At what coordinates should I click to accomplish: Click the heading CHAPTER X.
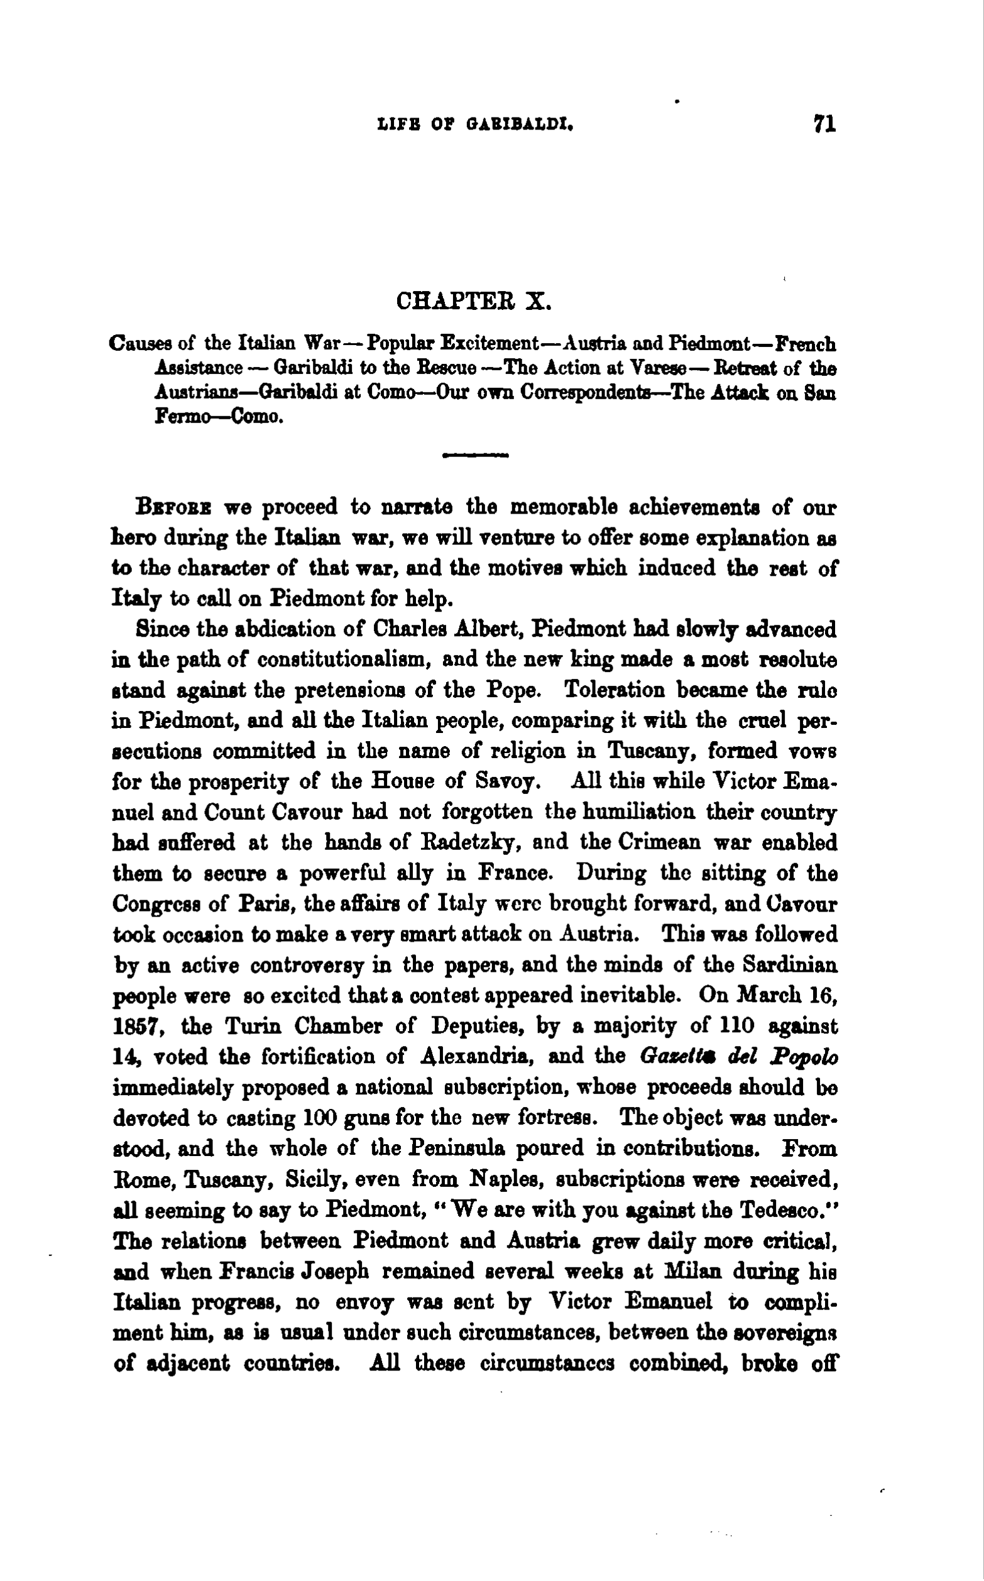(474, 302)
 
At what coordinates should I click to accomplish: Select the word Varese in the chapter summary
(659, 369)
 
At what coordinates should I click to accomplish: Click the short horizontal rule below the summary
(475, 456)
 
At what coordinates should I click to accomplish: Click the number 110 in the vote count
(736, 1027)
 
